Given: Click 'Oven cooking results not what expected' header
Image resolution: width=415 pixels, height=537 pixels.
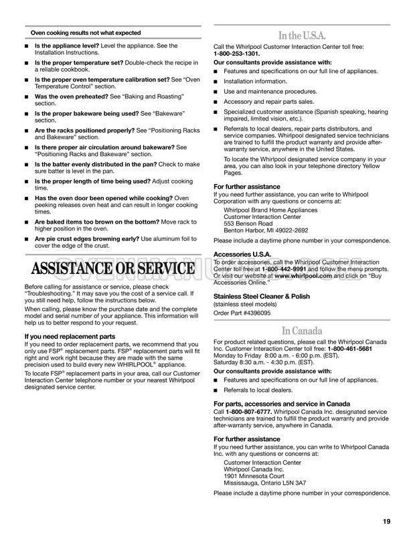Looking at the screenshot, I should (86, 32).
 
